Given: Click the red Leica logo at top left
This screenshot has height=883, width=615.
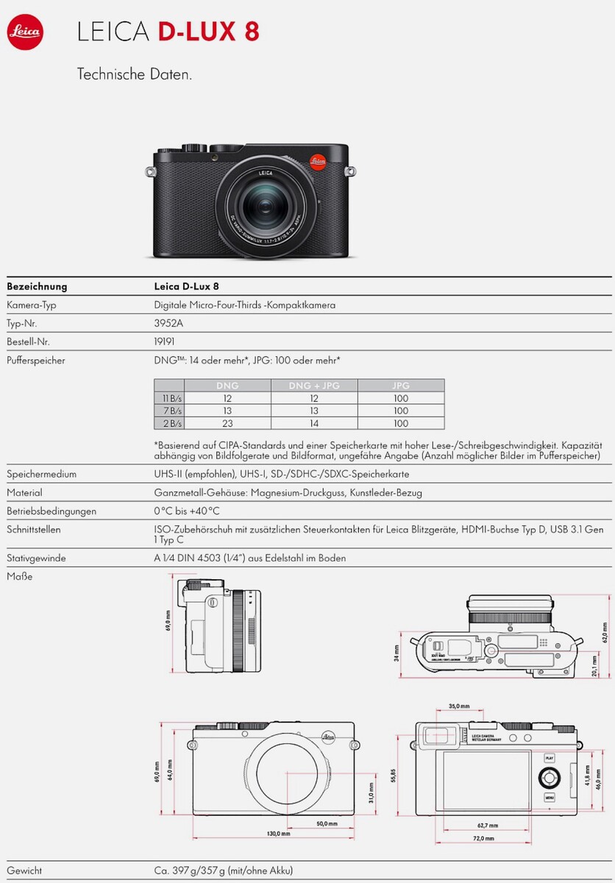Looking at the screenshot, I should pos(26,33).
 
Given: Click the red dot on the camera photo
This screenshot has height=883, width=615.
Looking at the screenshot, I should pos(318,160).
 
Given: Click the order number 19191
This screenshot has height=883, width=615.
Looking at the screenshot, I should pos(164,341).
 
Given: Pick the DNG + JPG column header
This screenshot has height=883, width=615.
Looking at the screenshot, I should pos(314,386).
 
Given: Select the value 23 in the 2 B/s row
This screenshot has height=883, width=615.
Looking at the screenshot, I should pos(227,424).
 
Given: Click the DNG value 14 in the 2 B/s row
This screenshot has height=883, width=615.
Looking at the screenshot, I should pos(314,424).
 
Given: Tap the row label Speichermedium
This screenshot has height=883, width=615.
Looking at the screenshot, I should pos(41,475).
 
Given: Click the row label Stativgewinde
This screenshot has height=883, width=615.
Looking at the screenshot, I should pos(36,558).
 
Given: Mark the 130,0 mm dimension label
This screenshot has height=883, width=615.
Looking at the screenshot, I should pos(278,834).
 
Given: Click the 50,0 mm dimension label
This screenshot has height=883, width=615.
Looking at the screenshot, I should pos(327,824).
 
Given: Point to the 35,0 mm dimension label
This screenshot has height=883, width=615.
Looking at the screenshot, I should pos(458,706).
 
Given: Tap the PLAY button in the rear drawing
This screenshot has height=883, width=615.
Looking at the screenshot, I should pos(550,757).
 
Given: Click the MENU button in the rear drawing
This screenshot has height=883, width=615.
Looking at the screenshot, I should pos(550,798).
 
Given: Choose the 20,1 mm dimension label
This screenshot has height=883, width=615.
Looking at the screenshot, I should pos(594,667).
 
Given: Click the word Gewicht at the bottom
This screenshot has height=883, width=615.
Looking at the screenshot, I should pos(24,870).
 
